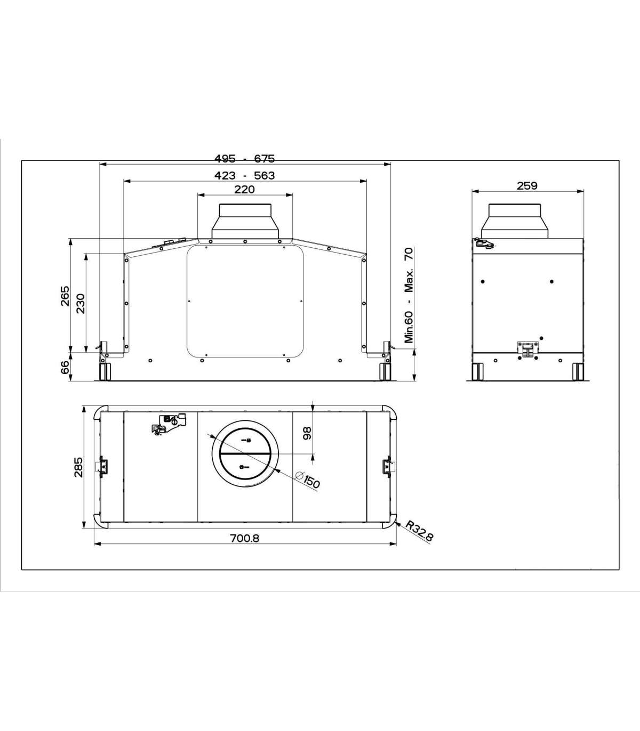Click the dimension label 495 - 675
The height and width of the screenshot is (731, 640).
(244, 158)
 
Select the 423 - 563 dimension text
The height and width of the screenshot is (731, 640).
(244, 175)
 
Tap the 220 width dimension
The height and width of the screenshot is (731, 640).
(245, 189)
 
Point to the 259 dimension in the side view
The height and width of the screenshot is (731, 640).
(527, 186)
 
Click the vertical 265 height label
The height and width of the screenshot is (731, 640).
(65, 296)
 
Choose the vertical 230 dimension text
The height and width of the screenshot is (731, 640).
(81, 303)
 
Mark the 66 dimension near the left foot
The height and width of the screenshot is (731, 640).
(65, 367)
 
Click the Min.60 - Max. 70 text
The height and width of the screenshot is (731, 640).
(409, 296)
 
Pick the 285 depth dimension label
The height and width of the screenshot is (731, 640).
(78, 467)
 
